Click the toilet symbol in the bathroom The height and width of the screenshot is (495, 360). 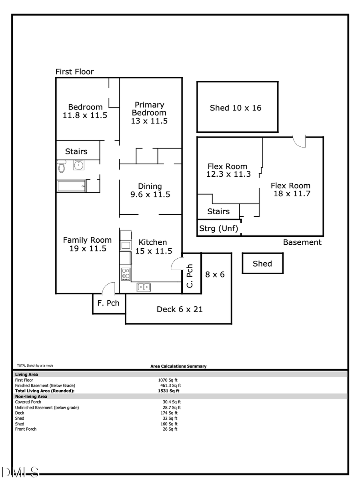tap(61, 166)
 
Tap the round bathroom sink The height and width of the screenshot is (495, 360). tap(78, 165)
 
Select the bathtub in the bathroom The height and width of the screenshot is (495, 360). tap(71, 186)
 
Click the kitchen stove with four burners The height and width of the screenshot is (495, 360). tap(126, 274)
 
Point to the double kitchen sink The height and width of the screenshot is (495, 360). tap(144, 287)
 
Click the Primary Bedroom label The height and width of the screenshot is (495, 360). tap(149, 112)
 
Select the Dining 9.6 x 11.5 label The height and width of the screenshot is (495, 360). tap(150, 190)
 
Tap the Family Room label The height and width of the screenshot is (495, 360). tap(87, 244)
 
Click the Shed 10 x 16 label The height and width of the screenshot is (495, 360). tap(236, 108)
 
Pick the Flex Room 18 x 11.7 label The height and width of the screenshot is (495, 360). tap(290, 190)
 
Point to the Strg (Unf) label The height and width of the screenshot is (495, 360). tap(219, 229)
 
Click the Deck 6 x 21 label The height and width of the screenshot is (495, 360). tap(180, 309)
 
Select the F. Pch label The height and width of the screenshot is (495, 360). tap(108, 303)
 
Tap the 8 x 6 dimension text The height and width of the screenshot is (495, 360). tap(215, 274)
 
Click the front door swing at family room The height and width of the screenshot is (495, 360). tap(108, 288)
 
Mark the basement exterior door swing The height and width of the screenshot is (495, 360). tap(300, 141)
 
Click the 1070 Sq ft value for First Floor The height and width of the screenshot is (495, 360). tap(168, 380)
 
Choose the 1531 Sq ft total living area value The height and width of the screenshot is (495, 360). tap(168, 391)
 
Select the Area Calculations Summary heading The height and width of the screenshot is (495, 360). tap(178, 366)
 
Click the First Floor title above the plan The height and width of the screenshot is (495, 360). tap(74, 72)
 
